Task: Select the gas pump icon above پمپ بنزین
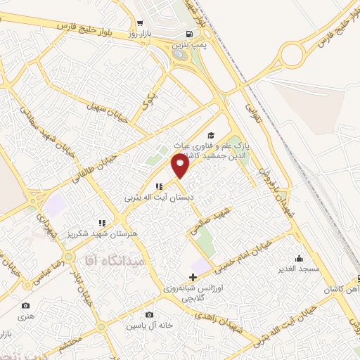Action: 188,34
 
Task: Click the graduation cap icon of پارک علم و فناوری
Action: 211,136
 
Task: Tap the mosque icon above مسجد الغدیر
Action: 300,257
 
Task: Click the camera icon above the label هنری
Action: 26,305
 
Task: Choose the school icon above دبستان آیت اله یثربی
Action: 159,187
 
